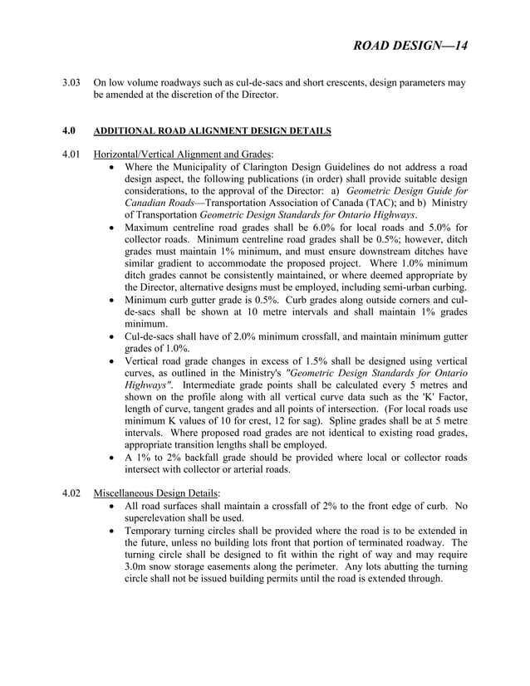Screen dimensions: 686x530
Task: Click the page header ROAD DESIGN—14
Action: coord(410,46)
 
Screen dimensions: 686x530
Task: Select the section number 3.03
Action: coord(72,83)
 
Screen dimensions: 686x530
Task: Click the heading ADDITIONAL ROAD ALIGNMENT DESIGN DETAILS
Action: coord(212,131)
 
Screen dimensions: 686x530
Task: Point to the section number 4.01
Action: coord(72,154)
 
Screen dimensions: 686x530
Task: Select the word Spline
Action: coord(328,419)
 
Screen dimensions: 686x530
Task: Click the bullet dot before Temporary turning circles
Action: coord(112,530)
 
